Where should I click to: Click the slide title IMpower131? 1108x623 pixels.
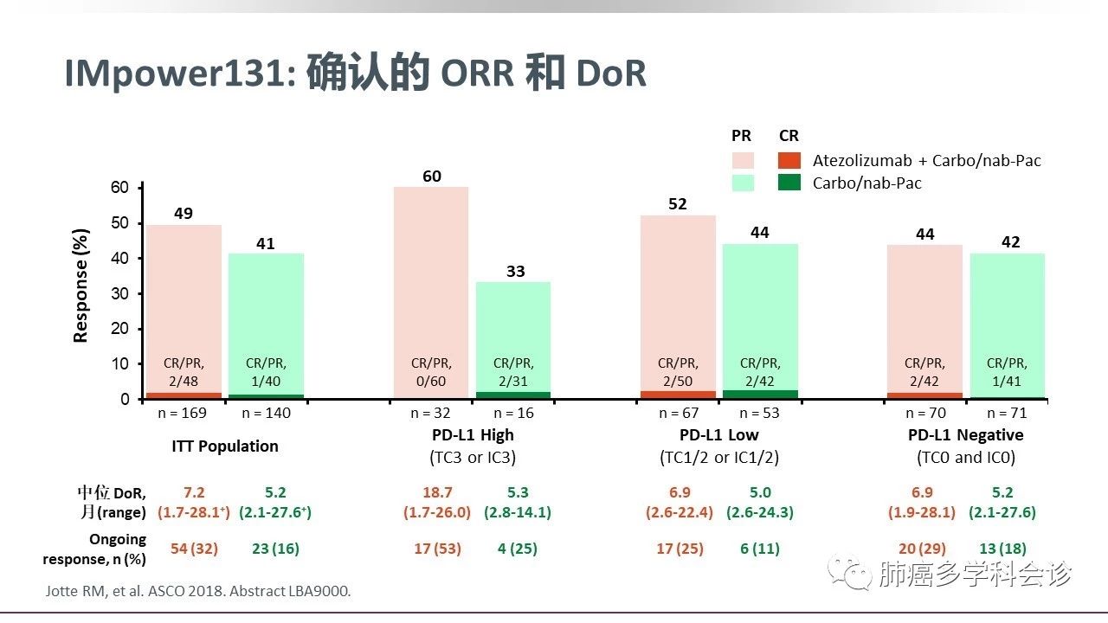point(355,74)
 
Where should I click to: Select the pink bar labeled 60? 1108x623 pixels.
point(431,277)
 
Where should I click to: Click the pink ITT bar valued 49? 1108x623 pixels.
point(184,294)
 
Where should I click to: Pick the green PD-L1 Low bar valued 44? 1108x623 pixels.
point(760,303)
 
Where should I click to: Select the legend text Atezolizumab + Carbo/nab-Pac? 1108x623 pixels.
point(926,160)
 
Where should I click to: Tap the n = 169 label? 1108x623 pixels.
point(184,413)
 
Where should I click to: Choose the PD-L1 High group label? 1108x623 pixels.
point(473,434)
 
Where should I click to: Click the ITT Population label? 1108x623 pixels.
point(224,446)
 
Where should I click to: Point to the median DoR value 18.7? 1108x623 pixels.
point(437,492)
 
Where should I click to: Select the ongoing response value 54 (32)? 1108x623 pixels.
point(192,549)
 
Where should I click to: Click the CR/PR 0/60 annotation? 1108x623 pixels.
point(431,371)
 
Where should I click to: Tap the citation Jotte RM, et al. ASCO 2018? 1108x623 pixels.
point(197,592)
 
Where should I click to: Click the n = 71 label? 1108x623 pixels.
point(1008,413)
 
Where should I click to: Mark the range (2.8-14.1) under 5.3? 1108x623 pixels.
point(518,512)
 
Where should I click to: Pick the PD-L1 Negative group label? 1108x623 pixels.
point(965,434)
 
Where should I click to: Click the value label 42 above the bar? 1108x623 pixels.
point(1009,242)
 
